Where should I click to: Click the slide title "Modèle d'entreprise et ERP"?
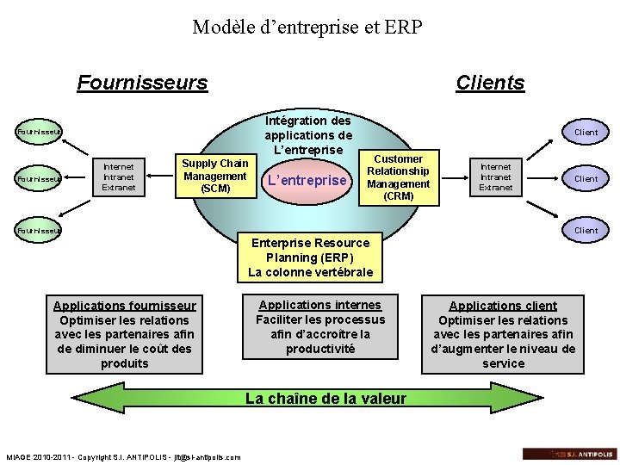[x=307, y=28]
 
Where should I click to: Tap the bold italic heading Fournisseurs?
[x=142, y=83]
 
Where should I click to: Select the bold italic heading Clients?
[x=490, y=83]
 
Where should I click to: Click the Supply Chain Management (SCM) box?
[x=214, y=175]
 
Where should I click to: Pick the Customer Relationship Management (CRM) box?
[x=398, y=177]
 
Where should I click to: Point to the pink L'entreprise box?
[x=307, y=181]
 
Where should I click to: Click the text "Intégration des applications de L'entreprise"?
[x=307, y=134]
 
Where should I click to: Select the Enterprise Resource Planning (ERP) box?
[x=310, y=257]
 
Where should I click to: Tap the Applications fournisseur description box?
[x=125, y=334]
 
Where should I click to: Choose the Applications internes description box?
[x=319, y=327]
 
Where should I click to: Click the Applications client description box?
[x=503, y=334]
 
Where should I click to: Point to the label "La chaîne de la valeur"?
[x=325, y=399]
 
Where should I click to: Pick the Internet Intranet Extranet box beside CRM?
[x=495, y=176]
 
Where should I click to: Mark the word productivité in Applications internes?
[x=319, y=349]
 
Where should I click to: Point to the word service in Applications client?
[x=504, y=363]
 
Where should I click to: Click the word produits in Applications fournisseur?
[x=125, y=363]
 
